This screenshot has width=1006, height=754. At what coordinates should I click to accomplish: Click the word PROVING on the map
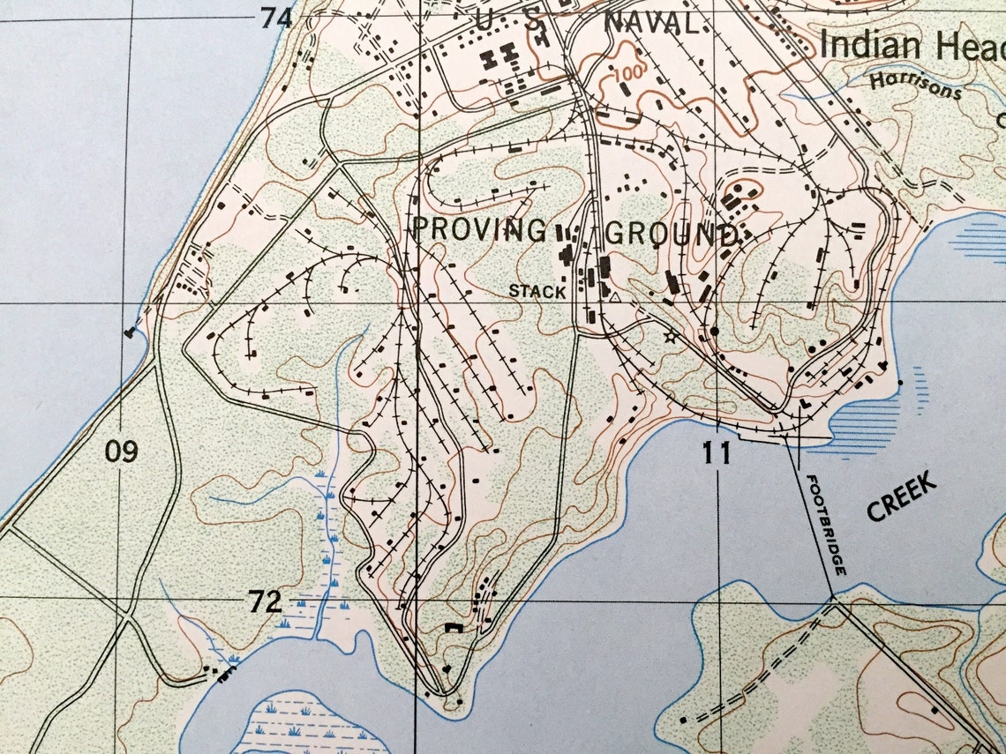[479, 231]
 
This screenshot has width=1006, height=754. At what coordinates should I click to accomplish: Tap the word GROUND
[671, 235]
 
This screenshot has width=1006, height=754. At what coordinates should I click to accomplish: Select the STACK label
[536, 291]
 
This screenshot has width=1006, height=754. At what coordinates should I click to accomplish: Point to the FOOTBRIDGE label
[826, 526]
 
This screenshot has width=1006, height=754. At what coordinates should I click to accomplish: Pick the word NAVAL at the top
[653, 24]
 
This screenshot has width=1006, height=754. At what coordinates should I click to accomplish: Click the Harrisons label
[913, 86]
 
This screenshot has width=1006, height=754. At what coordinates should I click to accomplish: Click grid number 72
[265, 602]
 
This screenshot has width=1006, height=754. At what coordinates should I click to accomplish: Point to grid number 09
[122, 452]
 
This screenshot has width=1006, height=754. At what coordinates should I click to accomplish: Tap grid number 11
[717, 453]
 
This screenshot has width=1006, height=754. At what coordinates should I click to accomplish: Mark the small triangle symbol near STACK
[615, 299]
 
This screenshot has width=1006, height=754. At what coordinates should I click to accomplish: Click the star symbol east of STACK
[670, 336]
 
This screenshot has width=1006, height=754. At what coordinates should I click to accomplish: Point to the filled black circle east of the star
[714, 331]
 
